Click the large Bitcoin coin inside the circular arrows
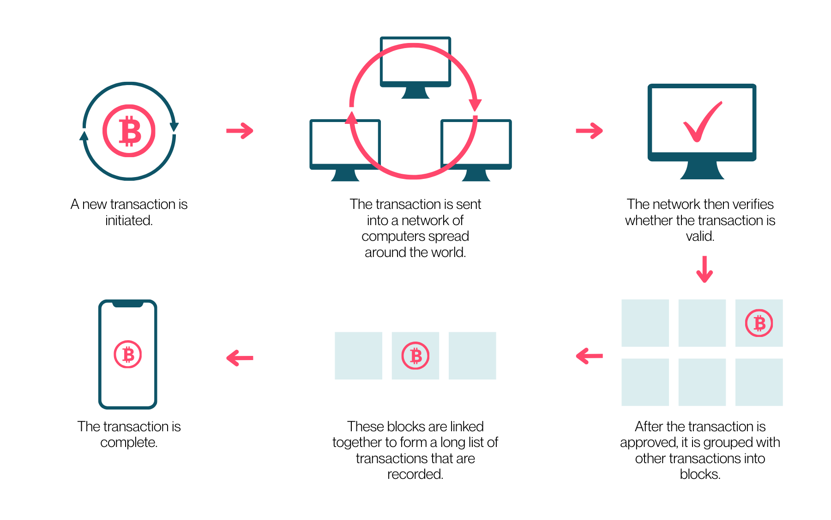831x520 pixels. pyautogui.click(x=129, y=131)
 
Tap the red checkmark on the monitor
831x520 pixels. pyautogui.click(x=702, y=122)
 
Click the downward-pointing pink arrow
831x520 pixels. pyautogui.click(x=705, y=269)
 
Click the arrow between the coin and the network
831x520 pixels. pyautogui.click(x=240, y=131)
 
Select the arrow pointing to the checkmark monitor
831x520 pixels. pyautogui.click(x=590, y=131)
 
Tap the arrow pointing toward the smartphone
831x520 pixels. pyautogui.click(x=240, y=358)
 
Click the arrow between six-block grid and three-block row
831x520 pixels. pyautogui.click(x=590, y=356)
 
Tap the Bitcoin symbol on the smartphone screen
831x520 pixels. pyautogui.click(x=128, y=355)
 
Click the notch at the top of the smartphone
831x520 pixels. pyautogui.click(x=128, y=304)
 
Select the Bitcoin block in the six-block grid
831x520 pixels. pyautogui.click(x=759, y=323)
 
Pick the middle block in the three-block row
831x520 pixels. pyautogui.click(x=415, y=356)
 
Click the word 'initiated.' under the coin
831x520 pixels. pyautogui.click(x=129, y=220)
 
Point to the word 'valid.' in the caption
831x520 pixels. pyautogui.click(x=700, y=236)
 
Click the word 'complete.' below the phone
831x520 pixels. pyautogui.click(x=129, y=442)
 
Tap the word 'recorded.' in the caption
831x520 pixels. pyautogui.click(x=415, y=474)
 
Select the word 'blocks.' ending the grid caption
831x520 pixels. pyautogui.click(x=700, y=474)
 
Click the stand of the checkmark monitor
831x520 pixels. pyautogui.click(x=702, y=170)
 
